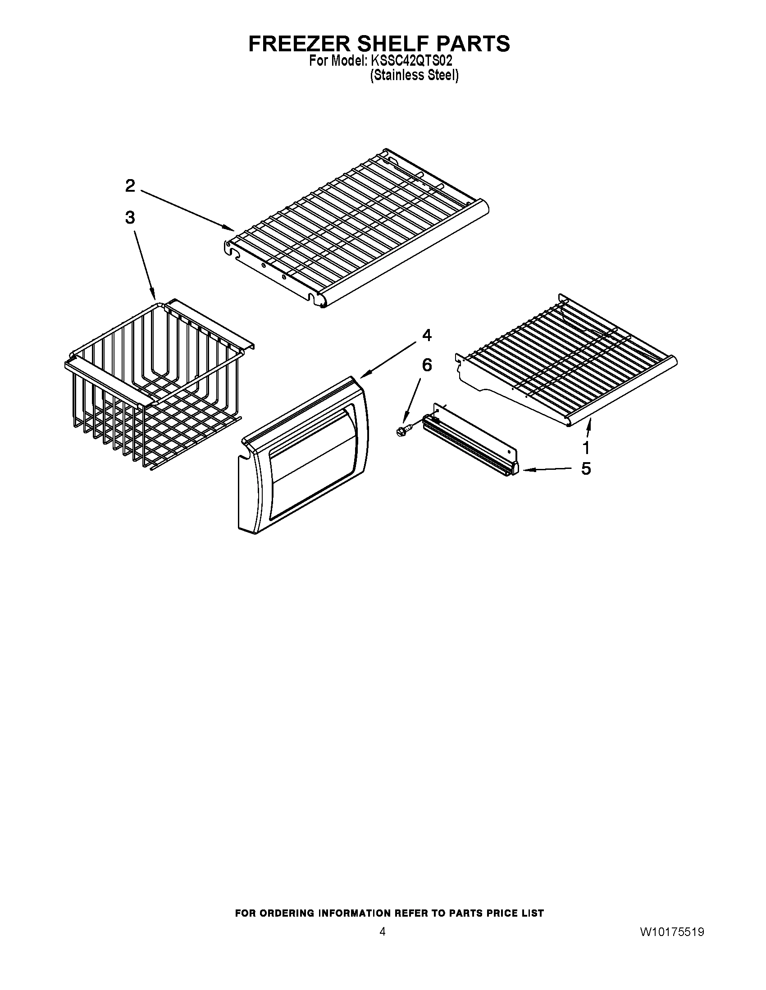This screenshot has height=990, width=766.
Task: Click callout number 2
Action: pyautogui.click(x=130, y=185)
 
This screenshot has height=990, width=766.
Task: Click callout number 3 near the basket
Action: pyautogui.click(x=130, y=218)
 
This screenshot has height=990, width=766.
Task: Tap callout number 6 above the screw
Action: pyautogui.click(x=427, y=365)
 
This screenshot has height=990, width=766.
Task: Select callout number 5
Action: pyautogui.click(x=586, y=469)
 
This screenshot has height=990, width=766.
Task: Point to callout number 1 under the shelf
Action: pyautogui.click(x=586, y=447)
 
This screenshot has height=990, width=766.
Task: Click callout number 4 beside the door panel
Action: pyautogui.click(x=427, y=335)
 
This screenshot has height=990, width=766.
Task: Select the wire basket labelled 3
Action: pyautogui.click(x=154, y=385)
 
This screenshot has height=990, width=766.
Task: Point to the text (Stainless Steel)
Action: pyautogui.click(x=414, y=75)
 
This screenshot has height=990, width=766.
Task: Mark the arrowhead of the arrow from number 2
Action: pyautogui.click(x=232, y=229)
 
